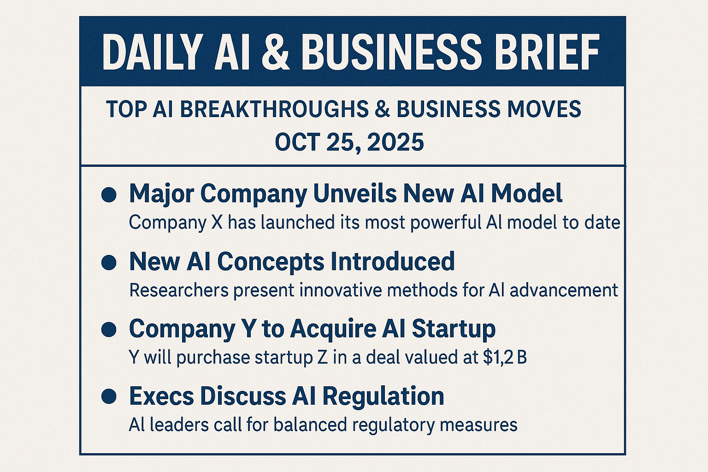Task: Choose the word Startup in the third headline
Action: [x=453, y=329]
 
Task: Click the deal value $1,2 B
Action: [x=505, y=358]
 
